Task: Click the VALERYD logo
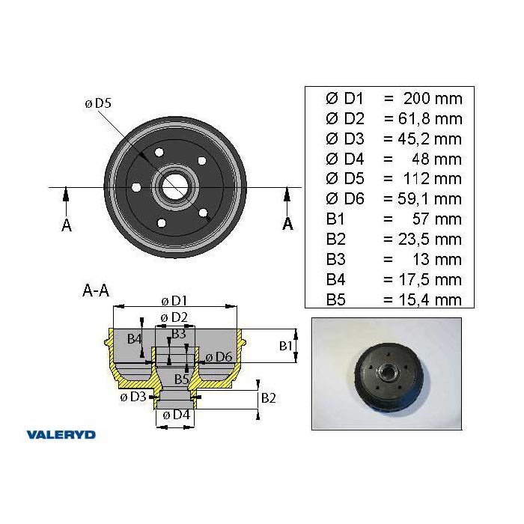pyautogui.click(x=61, y=434)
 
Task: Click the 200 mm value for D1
pyautogui.click(x=433, y=99)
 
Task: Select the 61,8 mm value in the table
pyautogui.click(x=430, y=118)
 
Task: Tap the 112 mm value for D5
pyautogui.click(x=433, y=179)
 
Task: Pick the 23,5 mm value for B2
pyautogui.click(x=430, y=240)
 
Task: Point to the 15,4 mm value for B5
pyautogui.click(x=430, y=299)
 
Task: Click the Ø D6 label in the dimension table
pyautogui.click(x=344, y=199)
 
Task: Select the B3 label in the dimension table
pyautogui.click(x=335, y=259)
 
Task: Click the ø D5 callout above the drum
pyautogui.click(x=98, y=103)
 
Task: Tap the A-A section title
pyautogui.click(x=96, y=290)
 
